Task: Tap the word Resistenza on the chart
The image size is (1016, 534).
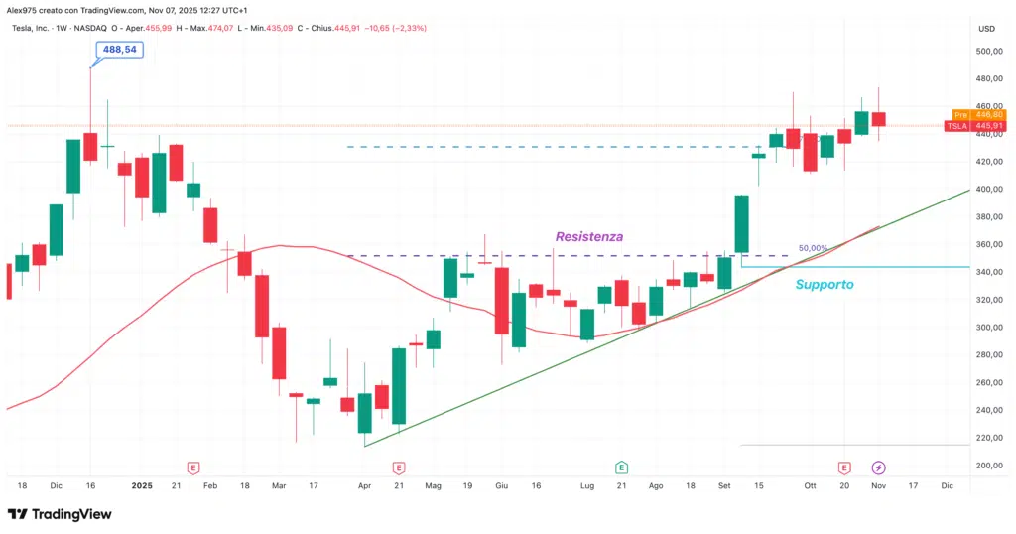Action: point(589,237)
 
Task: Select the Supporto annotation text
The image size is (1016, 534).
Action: point(825,284)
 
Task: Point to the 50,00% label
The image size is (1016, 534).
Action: point(813,249)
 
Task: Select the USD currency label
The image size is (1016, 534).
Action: point(986,28)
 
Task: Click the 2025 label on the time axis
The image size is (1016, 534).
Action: point(142,486)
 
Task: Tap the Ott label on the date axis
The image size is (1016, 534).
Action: point(810,486)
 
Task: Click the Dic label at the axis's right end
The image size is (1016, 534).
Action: point(947,486)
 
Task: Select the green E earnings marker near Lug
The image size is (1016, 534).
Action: point(621,467)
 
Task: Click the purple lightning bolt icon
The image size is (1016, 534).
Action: point(879,467)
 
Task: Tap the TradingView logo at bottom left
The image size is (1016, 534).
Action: point(60,514)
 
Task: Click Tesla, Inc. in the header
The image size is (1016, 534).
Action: point(34,28)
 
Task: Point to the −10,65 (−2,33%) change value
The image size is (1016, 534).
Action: point(397,28)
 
